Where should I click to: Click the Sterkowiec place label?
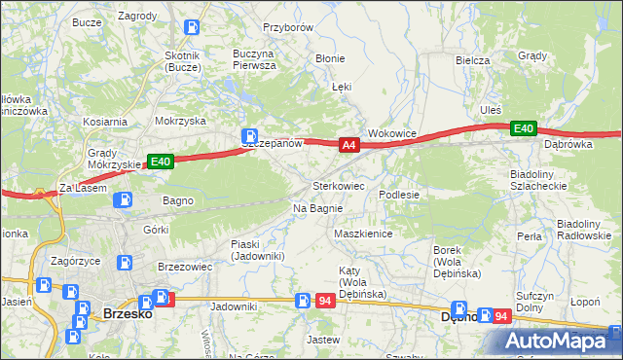pos(339,185)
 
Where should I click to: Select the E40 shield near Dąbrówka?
pos(525,128)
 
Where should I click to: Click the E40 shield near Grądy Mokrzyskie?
pos(162,162)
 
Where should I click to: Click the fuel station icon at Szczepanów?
pos(250,135)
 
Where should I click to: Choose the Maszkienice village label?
pos(362,234)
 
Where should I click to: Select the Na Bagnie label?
pos(317,208)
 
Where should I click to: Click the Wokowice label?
pos(391,133)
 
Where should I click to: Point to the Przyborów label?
pos(287,28)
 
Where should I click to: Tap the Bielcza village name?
pos(472,60)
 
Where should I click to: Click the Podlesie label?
pos(398,195)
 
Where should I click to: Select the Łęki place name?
pos(341,87)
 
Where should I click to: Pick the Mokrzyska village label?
pos(180,122)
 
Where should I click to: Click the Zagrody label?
pos(137,17)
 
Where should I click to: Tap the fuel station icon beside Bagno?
pos(124,200)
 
